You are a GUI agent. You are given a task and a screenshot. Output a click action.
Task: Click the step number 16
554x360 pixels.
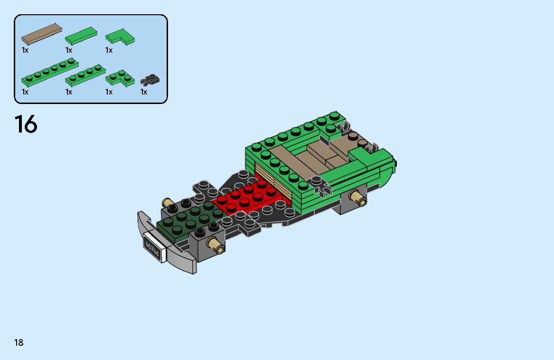tap(26, 124)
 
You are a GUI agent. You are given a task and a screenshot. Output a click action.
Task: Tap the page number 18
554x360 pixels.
tap(19, 342)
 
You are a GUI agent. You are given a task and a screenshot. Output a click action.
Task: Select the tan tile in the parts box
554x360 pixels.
tap(42, 33)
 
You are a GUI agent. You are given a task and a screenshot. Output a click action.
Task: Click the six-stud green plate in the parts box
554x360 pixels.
tap(49, 72)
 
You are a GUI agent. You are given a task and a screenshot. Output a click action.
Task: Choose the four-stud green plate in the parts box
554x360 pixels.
tap(85, 75)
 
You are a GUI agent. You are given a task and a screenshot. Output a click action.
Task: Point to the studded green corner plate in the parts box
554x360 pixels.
tap(120, 78)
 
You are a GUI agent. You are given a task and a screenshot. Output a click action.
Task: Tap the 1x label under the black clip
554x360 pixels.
tap(144, 92)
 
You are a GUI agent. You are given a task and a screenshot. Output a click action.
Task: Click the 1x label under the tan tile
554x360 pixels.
tap(25, 50)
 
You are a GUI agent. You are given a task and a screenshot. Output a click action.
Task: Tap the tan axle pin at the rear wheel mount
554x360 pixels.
tap(358, 197)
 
